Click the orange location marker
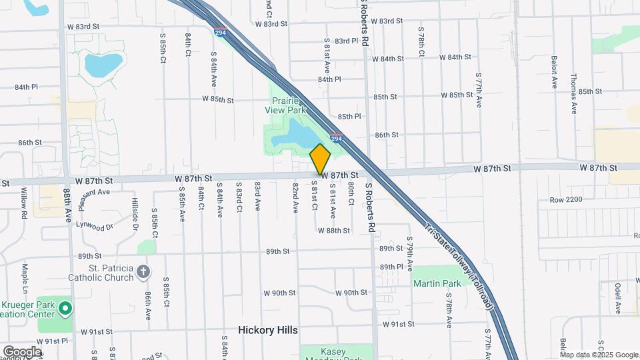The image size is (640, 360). pos(320,159)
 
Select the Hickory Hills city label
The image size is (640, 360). pos(268,330)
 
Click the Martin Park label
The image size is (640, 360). pos(437,283)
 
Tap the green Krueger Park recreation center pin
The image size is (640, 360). pos(65,307)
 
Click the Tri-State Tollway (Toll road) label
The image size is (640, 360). pos(459,267)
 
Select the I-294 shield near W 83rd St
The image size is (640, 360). pos(220,31)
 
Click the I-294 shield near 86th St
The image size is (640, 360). pos(337,138)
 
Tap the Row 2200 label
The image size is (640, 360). pos(566,199)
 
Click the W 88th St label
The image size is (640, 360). pos(334,230)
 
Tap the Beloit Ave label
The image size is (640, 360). pos(554,72)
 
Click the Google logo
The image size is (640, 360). pos(22,351)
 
